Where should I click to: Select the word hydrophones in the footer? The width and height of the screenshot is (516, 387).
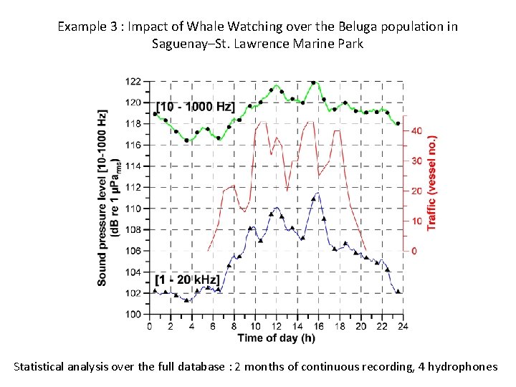462,366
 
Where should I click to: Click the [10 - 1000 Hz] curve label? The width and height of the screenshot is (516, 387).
196,107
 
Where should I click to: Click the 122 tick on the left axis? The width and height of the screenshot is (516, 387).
133,81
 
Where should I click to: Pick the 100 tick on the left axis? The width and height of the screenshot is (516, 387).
133,314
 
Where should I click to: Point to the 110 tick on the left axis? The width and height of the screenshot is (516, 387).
133,209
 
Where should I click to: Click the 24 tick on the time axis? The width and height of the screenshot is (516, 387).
402,325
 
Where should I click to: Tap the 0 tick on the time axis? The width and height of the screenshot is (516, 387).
148,325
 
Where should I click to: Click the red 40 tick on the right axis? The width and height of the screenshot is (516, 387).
416,131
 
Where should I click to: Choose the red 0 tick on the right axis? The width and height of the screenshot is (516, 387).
414,251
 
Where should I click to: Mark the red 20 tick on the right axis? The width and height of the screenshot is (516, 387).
416,191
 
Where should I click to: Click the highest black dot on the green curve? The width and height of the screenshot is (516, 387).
313,83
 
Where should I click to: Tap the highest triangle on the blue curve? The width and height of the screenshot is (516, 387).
317,195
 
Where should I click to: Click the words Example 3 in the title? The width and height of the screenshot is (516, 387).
83,27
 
